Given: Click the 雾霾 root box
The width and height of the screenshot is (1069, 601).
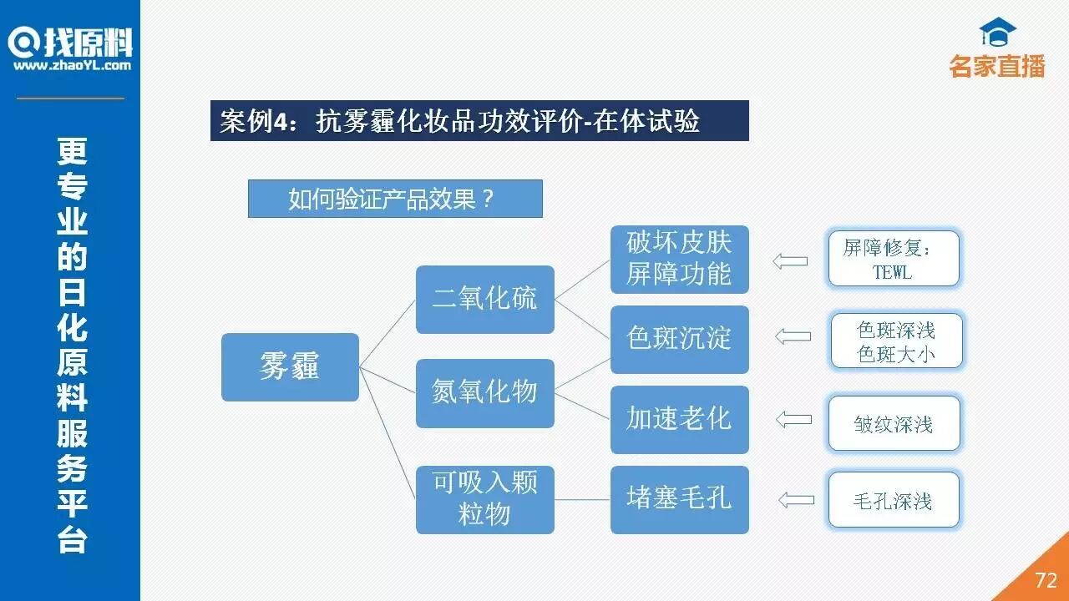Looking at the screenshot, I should pyautogui.click(x=290, y=367).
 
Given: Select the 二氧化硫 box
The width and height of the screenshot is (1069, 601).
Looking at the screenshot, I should pyautogui.click(x=484, y=299).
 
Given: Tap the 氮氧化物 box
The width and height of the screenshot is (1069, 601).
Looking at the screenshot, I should pyautogui.click(x=484, y=393).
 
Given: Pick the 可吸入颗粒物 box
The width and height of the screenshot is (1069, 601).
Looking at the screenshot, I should pyautogui.click(x=484, y=499).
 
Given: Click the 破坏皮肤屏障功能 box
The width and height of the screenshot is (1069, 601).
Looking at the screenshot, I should pyautogui.click(x=679, y=259).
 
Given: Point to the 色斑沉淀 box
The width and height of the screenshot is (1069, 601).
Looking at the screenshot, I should pyautogui.click(x=679, y=339).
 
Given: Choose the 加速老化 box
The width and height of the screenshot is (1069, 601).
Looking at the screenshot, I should pyautogui.click(x=679, y=419).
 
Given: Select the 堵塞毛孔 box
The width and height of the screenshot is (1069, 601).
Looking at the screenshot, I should pyautogui.click(x=679, y=499).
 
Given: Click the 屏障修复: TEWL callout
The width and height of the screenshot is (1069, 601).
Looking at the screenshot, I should pyautogui.click(x=893, y=260).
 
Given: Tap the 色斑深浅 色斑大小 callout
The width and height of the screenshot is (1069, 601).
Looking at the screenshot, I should pyautogui.click(x=896, y=341).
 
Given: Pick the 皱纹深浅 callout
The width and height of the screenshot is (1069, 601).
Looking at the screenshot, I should pyautogui.click(x=894, y=424).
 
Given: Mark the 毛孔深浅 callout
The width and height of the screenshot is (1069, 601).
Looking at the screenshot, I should pyautogui.click(x=894, y=500).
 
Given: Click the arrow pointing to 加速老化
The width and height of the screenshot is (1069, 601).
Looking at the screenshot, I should pyautogui.click(x=794, y=419).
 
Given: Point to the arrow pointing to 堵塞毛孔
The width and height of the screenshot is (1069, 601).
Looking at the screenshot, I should pyautogui.click(x=796, y=500).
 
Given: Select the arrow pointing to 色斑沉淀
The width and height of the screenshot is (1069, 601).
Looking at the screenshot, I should pyautogui.click(x=793, y=336).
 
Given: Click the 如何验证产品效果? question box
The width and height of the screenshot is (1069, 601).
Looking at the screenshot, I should pyautogui.click(x=395, y=199).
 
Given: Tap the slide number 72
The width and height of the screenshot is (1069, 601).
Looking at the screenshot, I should pyautogui.click(x=1046, y=580).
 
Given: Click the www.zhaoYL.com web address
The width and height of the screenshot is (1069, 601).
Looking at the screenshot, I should pyautogui.click(x=72, y=65).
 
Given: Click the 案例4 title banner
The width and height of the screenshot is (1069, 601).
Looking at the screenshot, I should pyautogui.click(x=479, y=121).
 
